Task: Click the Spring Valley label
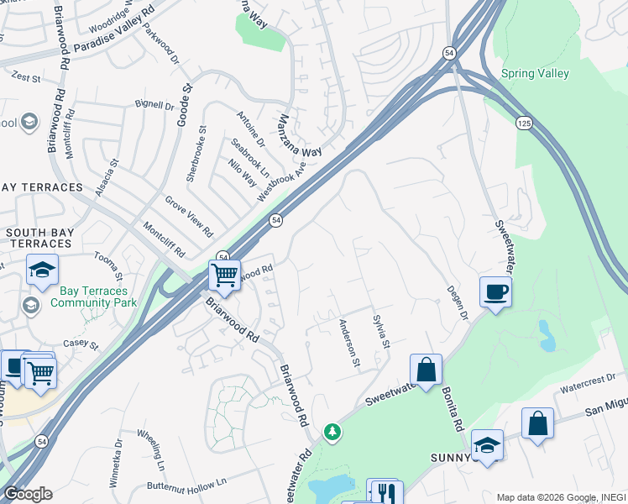pos(535,74)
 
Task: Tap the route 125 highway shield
pos(525,123)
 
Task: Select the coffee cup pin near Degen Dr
pos(495,293)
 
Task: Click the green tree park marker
pos(333,432)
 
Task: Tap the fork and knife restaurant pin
pos(385,492)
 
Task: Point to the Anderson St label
pos(348,343)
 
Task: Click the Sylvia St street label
pos(380,332)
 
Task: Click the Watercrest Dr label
pos(587,385)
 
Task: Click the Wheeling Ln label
pos(156,451)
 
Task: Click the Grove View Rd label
pos(188,216)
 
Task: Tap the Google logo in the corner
pos(27,494)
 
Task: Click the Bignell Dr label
pos(154,107)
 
